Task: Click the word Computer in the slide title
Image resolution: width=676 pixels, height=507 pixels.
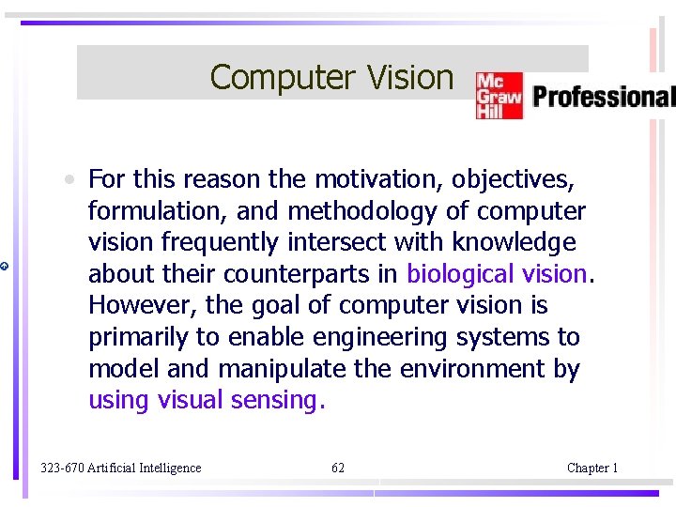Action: pos(269,77)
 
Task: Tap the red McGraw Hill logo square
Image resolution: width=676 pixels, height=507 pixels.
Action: pos(498,96)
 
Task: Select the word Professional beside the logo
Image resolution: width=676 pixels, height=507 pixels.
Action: pos(603,96)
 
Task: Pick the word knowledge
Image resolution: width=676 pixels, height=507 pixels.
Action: pos(514,242)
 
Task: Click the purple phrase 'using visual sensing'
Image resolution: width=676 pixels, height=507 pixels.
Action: pos(205,401)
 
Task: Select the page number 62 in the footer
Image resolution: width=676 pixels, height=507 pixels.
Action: pos(338,468)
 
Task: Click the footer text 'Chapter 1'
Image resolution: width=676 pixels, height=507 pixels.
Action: pos(592,468)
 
